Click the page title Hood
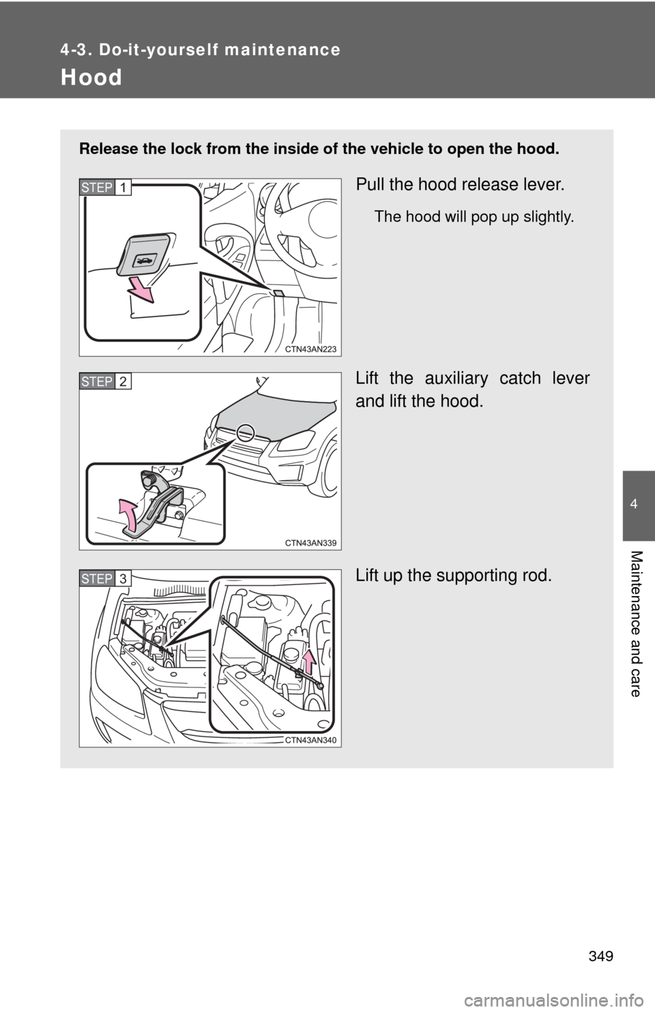91,77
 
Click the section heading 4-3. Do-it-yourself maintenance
201,50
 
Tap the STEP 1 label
105,188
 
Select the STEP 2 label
105,382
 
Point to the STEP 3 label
105,579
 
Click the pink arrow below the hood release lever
141,290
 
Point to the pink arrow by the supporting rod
309,661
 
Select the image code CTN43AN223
311,348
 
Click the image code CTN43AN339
311,543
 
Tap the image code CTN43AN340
311,740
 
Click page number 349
601,957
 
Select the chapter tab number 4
634,504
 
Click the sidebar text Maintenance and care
636,623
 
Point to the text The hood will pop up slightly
474,217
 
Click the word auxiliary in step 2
456,378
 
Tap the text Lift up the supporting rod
454,576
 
